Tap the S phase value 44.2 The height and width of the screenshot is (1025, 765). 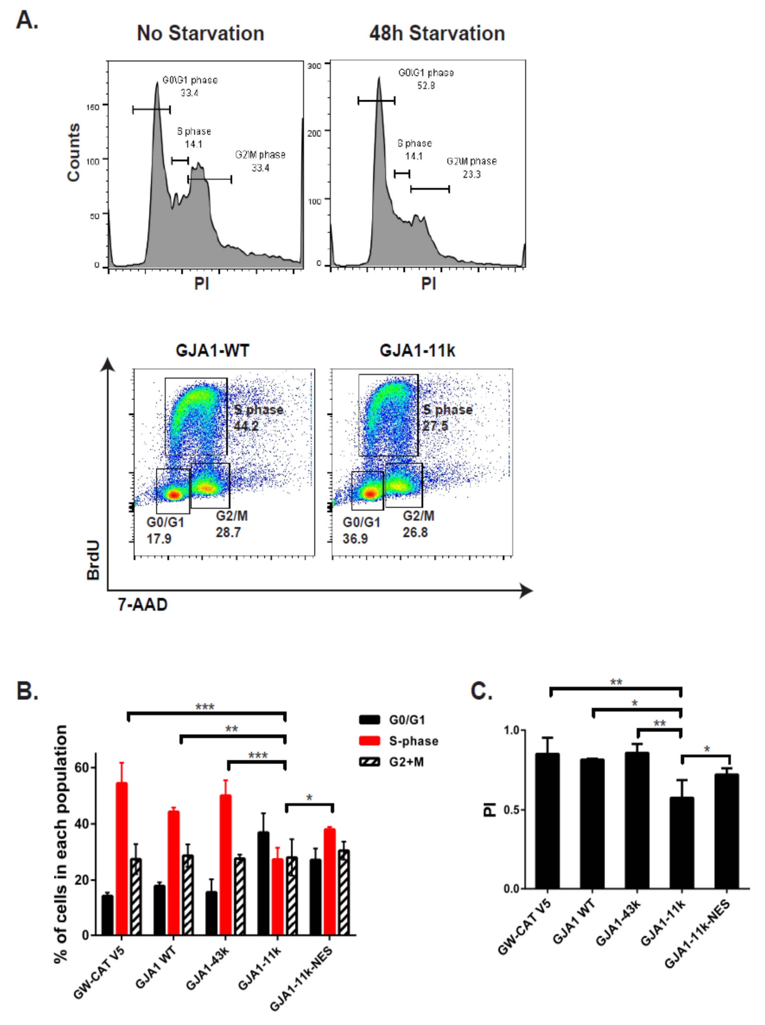[x=246, y=426]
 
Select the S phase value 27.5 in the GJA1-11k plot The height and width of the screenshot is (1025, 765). [x=435, y=426]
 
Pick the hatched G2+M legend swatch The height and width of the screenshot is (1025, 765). [x=369, y=762]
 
